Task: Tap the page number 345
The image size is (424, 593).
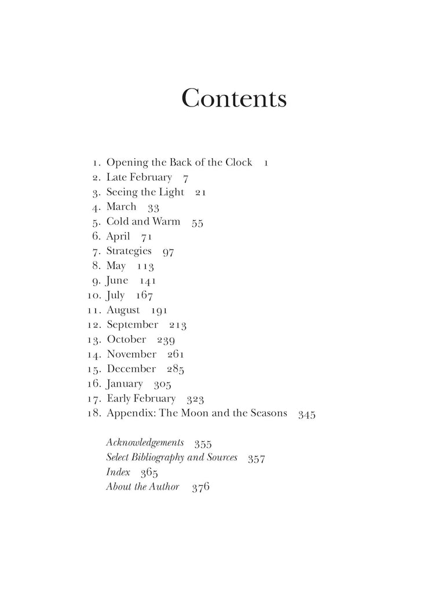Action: click(x=306, y=414)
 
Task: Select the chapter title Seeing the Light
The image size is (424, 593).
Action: click(x=145, y=192)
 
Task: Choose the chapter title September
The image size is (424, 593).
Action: click(x=132, y=325)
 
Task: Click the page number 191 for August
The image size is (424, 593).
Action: click(x=159, y=310)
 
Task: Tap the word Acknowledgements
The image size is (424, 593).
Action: click(x=145, y=443)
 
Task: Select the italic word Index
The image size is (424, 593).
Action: click(x=118, y=473)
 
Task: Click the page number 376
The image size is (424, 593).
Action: click(x=200, y=487)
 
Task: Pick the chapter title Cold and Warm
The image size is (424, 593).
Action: click(x=143, y=222)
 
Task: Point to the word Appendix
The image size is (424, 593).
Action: click(x=131, y=414)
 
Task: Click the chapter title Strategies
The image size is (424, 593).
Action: click(x=129, y=251)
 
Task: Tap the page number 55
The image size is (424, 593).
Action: click(x=197, y=222)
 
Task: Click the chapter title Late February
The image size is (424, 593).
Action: click(x=139, y=178)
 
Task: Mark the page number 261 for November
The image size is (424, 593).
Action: click(x=176, y=354)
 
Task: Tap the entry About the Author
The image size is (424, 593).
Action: click(x=142, y=487)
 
